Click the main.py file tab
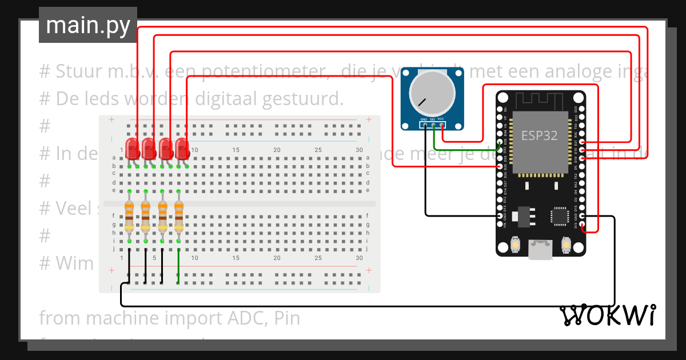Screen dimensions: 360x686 point(87,26)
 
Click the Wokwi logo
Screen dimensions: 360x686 point(607,315)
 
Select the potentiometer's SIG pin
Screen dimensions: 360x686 point(433,124)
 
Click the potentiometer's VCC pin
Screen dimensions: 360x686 point(441,124)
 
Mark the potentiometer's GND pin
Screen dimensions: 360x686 point(425,124)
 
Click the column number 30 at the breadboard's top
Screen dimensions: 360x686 point(359,150)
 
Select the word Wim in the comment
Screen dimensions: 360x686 point(74,263)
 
